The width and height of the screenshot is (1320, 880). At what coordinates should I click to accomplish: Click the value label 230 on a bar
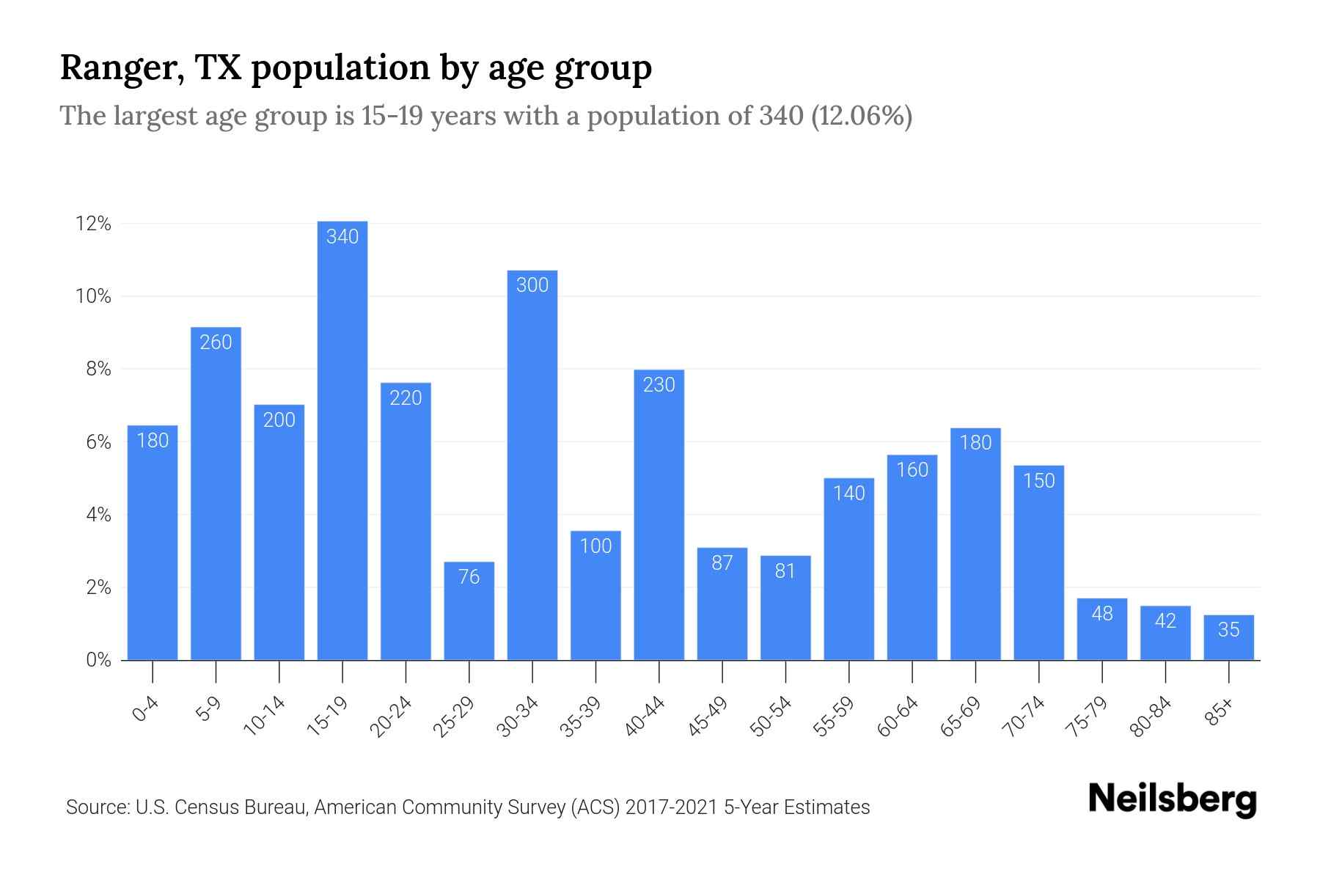click(659, 385)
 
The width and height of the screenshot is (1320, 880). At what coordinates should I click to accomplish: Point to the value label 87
click(722, 563)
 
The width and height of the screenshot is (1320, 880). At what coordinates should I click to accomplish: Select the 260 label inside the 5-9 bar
click(216, 342)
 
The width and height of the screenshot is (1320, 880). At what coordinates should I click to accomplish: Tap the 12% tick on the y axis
click(93, 224)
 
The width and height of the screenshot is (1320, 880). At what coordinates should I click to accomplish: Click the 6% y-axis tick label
click(98, 443)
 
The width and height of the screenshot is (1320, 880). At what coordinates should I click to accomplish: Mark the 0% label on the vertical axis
click(98, 661)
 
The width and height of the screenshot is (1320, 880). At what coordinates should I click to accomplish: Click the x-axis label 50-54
click(771, 716)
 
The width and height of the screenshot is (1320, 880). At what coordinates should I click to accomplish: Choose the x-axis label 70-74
click(1024, 716)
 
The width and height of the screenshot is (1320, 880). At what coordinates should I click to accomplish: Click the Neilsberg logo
click(1172, 799)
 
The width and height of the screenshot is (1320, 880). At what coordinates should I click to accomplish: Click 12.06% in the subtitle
click(861, 116)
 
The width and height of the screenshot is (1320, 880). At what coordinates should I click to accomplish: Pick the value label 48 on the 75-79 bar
click(1102, 614)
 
